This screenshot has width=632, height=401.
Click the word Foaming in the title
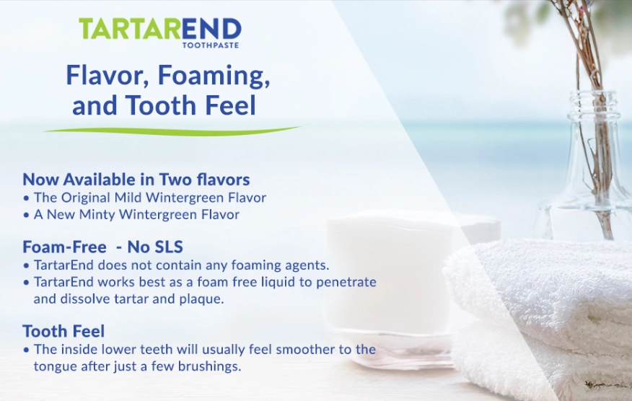(216, 75)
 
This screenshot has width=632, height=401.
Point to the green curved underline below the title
(170, 131)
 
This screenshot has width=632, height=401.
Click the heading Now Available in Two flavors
(136, 179)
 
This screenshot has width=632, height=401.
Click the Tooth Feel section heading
(63, 332)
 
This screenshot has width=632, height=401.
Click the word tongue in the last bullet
(54, 366)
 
